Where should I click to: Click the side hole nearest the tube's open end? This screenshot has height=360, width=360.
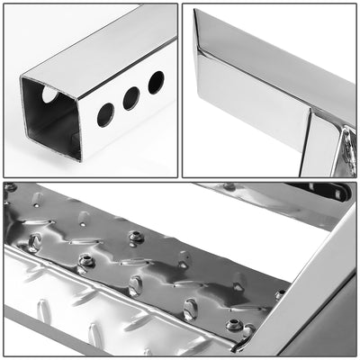pyautogui.click(x=105, y=113)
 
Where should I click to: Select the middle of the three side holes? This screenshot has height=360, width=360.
pyautogui.click(x=131, y=98)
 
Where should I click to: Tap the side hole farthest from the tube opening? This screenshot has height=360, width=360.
pyautogui.click(x=156, y=82)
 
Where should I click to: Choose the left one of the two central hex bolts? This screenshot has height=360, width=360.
pyautogui.click(x=86, y=261)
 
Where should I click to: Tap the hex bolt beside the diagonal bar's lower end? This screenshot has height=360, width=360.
pyautogui.click(x=236, y=325)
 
